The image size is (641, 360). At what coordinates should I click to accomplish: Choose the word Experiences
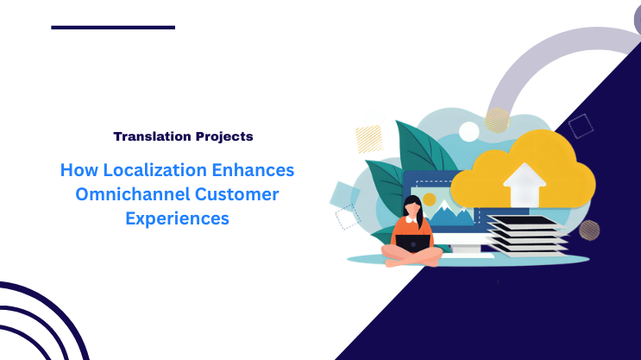click(177, 218)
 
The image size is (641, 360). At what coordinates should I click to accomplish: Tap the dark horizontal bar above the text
click(113, 27)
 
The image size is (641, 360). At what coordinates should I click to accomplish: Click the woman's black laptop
click(413, 243)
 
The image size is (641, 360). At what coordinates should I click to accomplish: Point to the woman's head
click(412, 208)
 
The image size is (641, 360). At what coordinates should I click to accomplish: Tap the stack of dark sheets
click(527, 234)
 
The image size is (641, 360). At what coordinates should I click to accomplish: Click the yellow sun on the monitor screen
click(430, 199)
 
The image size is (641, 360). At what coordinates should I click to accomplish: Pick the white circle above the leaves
click(468, 131)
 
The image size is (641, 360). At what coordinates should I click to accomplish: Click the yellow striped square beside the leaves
click(368, 138)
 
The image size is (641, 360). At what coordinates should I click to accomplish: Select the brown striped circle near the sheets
click(589, 230)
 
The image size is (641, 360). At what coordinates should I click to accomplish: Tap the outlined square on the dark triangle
click(581, 126)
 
